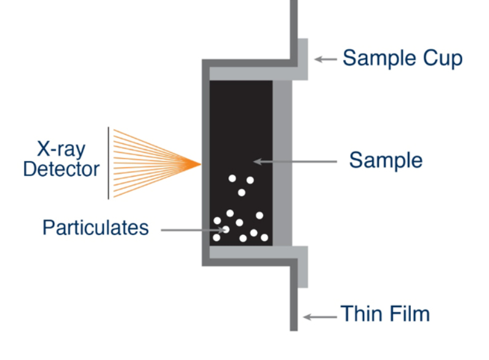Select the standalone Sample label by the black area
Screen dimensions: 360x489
[x=386, y=161]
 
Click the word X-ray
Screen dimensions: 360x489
[x=60, y=150]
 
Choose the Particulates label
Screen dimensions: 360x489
[x=95, y=228]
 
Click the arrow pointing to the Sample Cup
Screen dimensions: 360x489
[x=325, y=59]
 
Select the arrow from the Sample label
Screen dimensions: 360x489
[x=295, y=162]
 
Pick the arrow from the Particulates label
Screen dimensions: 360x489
[x=194, y=230]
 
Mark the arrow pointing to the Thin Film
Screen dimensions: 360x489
[x=320, y=317]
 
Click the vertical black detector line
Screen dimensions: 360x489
[x=109, y=163]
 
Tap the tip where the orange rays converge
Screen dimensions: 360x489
[x=201, y=164]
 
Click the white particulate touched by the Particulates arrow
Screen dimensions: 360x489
[x=226, y=230]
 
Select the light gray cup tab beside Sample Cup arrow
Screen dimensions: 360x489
[x=303, y=58]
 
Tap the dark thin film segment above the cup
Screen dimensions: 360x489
[x=293, y=25]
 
